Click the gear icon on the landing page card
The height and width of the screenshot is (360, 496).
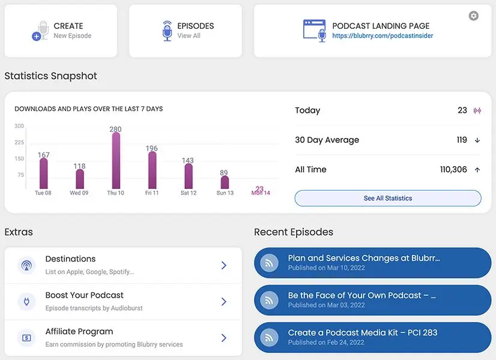click(x=474, y=16)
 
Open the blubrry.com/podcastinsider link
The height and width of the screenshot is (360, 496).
click(x=383, y=36)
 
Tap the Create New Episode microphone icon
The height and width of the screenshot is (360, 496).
click(x=41, y=31)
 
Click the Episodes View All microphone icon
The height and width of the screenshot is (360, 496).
click(x=168, y=31)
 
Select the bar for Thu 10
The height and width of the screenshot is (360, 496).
click(x=116, y=161)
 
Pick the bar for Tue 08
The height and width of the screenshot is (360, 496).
click(x=43, y=173)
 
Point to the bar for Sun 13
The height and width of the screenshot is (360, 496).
click(x=225, y=182)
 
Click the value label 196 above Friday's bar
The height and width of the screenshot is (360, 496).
click(x=152, y=148)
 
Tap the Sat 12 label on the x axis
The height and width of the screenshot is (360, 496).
click(x=189, y=193)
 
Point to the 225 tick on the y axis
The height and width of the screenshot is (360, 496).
click(x=19, y=143)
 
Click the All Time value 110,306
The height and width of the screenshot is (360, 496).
click(x=453, y=170)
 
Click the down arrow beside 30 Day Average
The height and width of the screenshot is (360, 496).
click(x=477, y=140)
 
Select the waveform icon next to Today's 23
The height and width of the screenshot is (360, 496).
click(x=477, y=110)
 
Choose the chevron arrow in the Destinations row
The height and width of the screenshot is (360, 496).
click(x=223, y=265)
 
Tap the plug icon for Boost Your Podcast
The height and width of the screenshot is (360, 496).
click(x=26, y=301)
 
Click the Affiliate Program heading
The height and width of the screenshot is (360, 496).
click(x=79, y=331)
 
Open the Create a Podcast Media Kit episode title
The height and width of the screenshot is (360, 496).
click(x=362, y=333)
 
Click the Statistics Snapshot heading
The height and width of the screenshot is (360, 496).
click(x=50, y=76)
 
